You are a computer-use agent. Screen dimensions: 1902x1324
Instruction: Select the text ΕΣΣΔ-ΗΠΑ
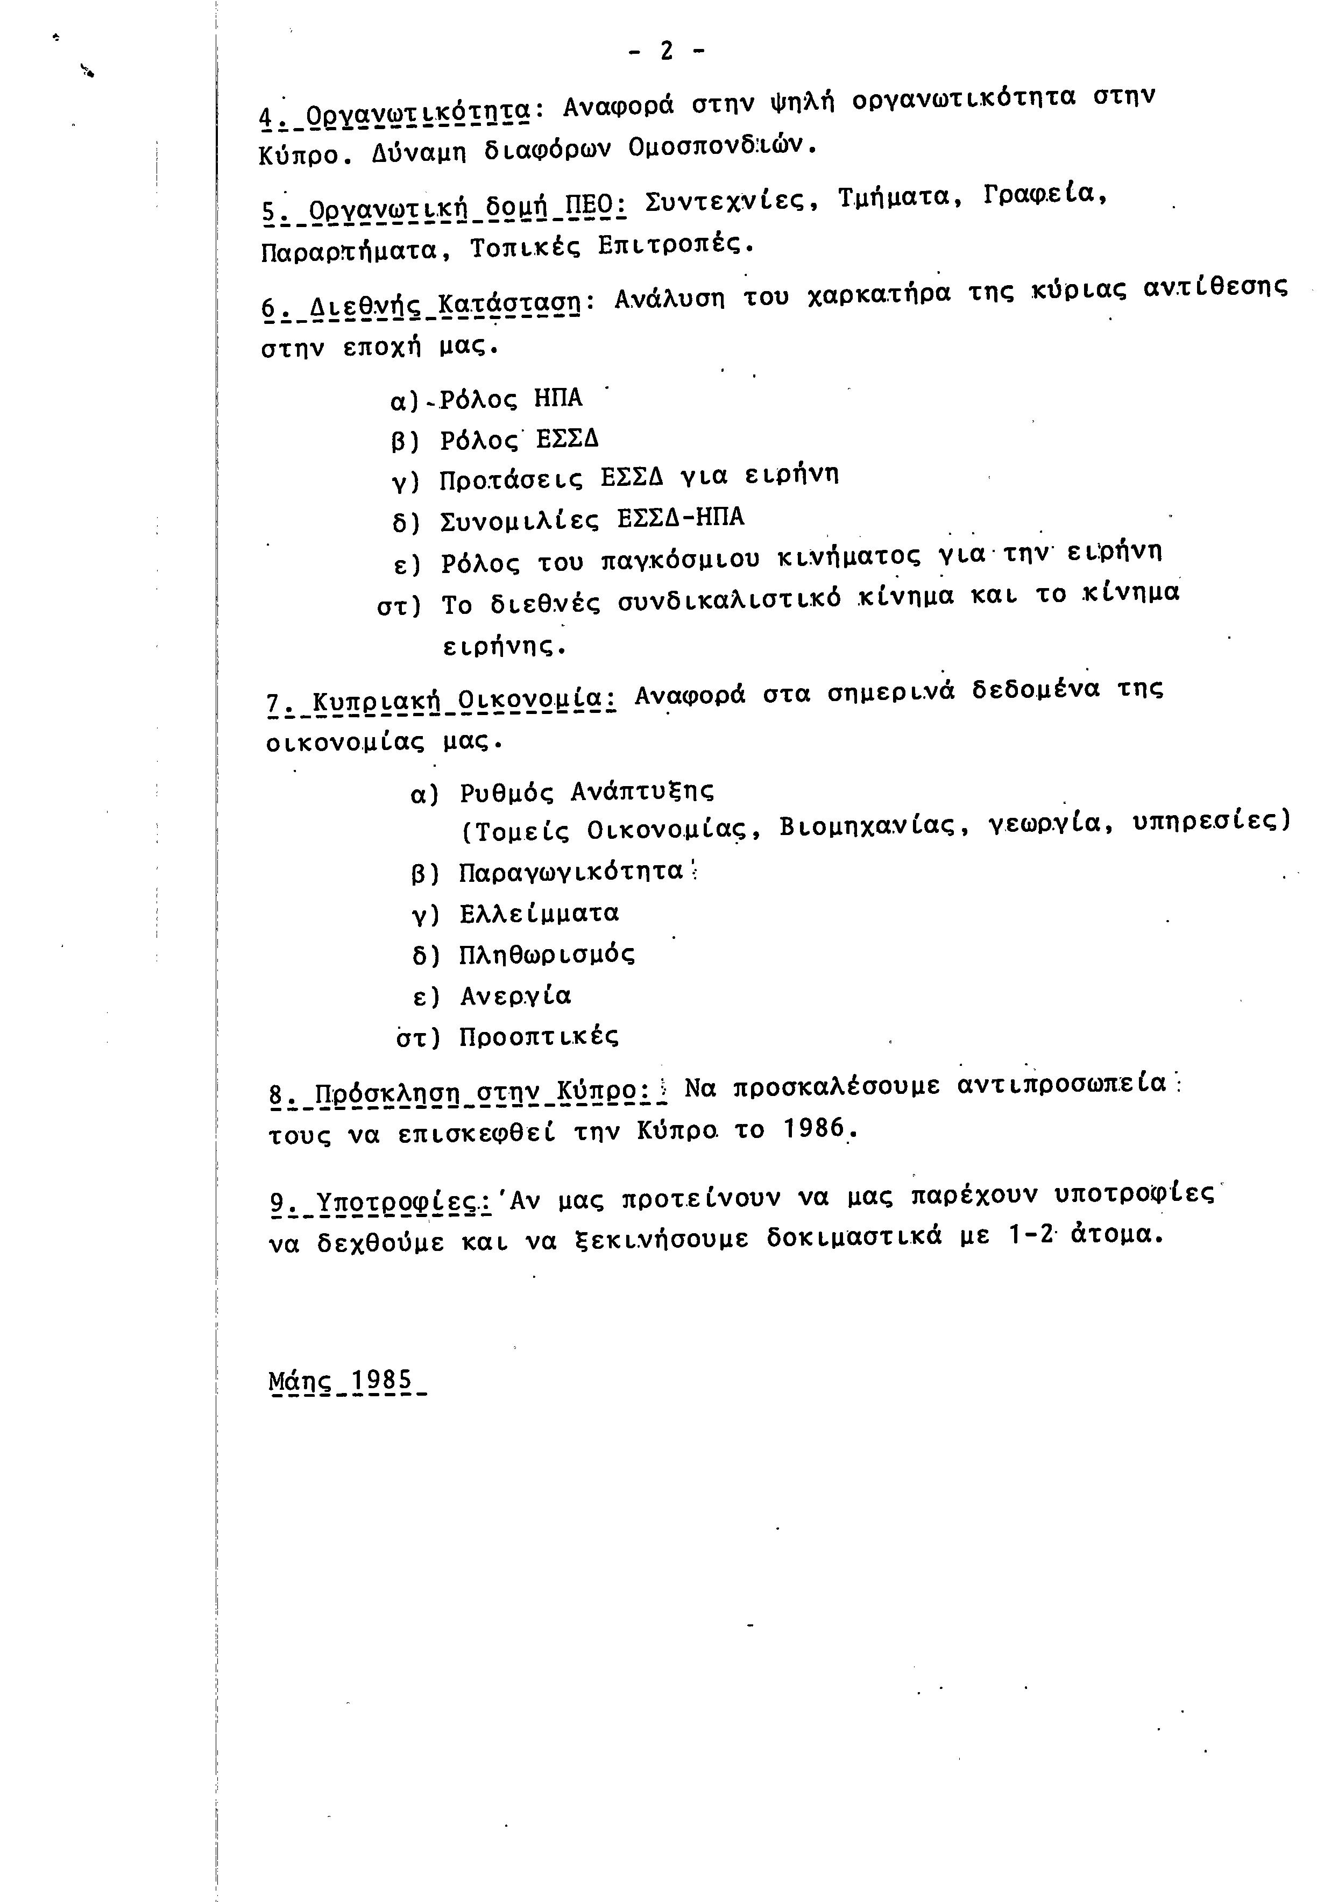point(681,518)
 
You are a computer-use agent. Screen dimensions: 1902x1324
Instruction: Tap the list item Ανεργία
point(515,995)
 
